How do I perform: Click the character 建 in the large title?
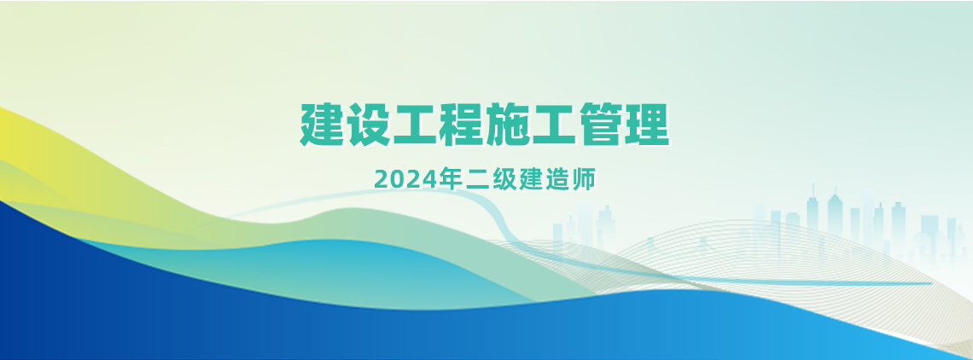pyautogui.click(x=323, y=125)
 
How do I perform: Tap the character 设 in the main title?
pyautogui.click(x=370, y=125)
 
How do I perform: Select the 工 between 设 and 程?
pyautogui.click(x=415, y=125)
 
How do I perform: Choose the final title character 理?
pyautogui.click(x=647, y=125)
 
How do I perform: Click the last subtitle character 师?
pyautogui.click(x=585, y=179)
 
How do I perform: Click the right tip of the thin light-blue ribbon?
pyautogui.click(x=932, y=284)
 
